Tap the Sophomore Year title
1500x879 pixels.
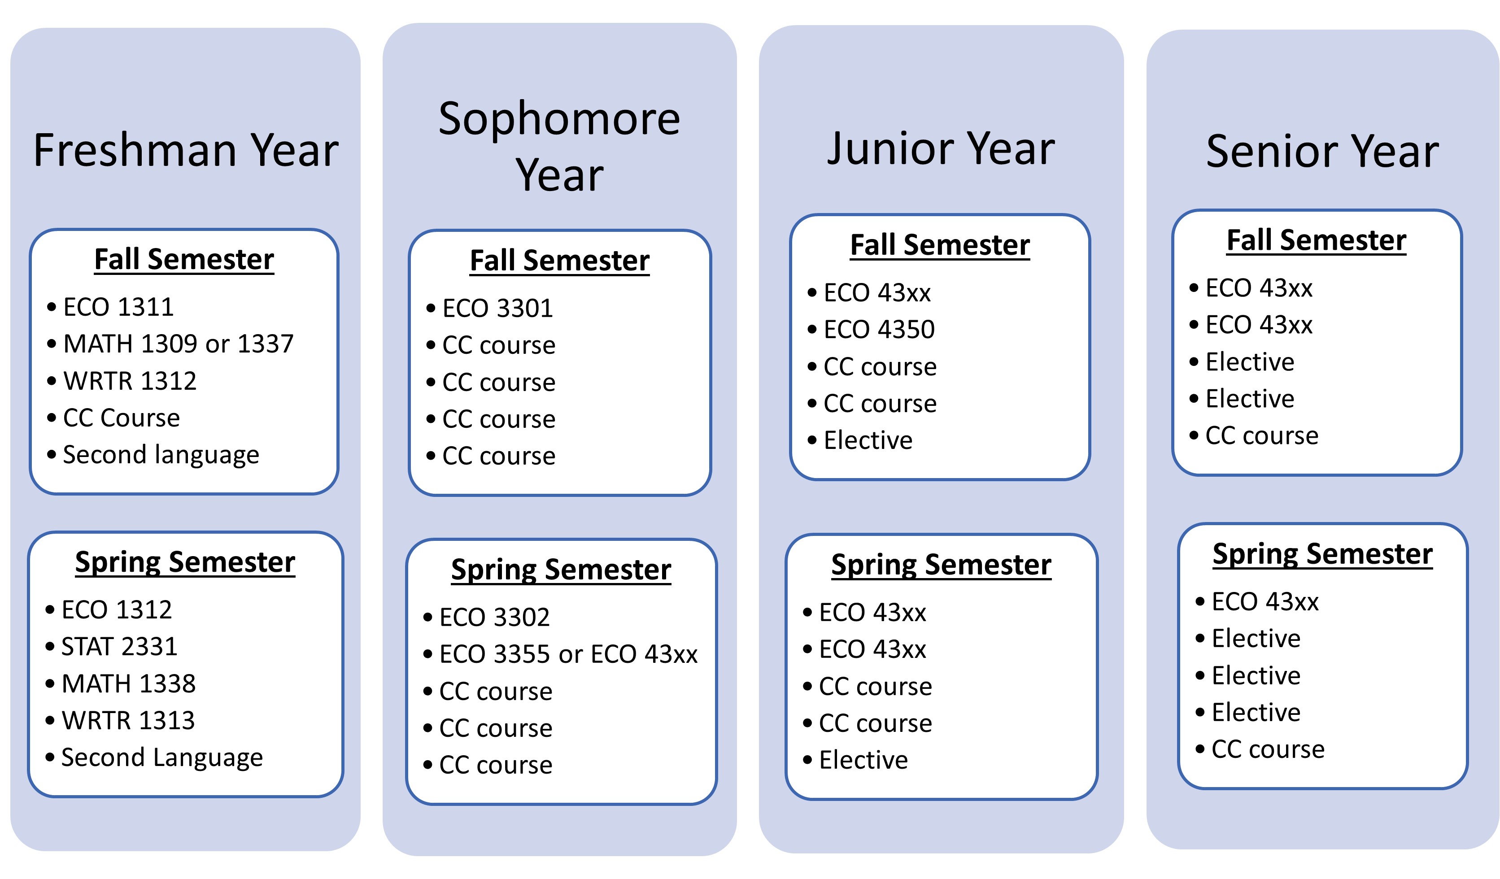[x=559, y=146]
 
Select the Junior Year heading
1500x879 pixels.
[x=941, y=149]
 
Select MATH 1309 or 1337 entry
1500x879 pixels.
[x=179, y=344]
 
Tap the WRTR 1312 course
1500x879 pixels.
[x=130, y=381]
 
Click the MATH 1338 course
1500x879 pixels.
[x=129, y=683]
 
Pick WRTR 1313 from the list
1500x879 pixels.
[x=128, y=720]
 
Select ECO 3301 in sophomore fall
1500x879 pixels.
[x=497, y=308]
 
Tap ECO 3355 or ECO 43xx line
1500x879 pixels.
[x=568, y=654]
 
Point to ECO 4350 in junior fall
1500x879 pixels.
[x=879, y=329]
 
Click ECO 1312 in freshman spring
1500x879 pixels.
[x=117, y=609]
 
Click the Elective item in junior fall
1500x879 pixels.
[x=868, y=440]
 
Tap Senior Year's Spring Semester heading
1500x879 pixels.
[x=1323, y=555]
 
